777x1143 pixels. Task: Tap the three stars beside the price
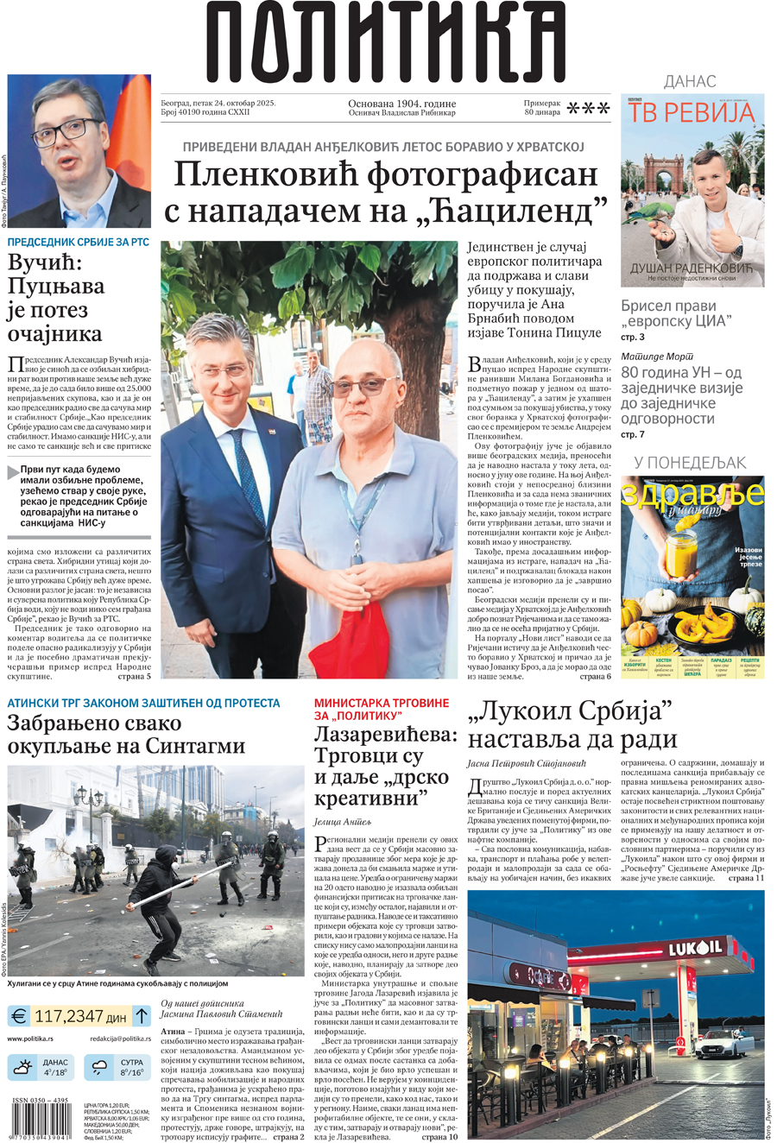[x=591, y=108]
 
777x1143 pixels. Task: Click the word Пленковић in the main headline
[x=264, y=174]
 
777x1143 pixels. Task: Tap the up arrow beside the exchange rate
[x=142, y=1016]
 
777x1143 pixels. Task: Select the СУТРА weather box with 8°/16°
[x=118, y=1068]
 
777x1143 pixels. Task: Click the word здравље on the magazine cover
[x=692, y=495]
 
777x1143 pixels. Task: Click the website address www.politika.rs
[x=30, y=1039]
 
